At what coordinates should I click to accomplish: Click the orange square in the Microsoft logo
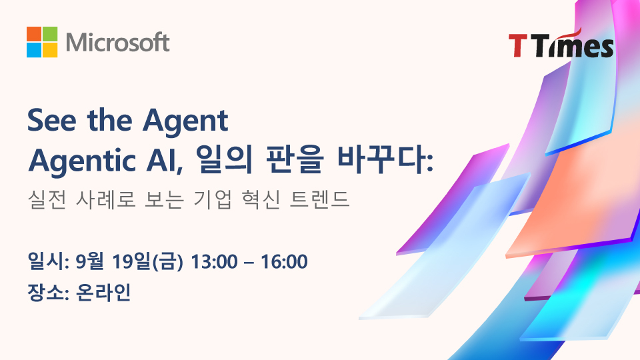(34, 34)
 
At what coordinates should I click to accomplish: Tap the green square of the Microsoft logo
(50, 34)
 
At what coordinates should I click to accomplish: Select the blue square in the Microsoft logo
(34, 50)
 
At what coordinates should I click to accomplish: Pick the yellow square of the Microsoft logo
(50, 50)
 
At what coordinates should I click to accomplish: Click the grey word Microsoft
(117, 43)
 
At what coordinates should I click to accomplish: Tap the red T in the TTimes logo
(517, 45)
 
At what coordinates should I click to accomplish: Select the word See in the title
(52, 121)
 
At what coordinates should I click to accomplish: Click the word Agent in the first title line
(185, 121)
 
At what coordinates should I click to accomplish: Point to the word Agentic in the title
(81, 161)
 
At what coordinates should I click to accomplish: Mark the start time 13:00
(214, 261)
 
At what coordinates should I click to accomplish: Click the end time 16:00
(284, 261)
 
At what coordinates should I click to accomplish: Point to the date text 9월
(89, 261)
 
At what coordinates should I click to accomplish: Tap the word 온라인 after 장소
(104, 292)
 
